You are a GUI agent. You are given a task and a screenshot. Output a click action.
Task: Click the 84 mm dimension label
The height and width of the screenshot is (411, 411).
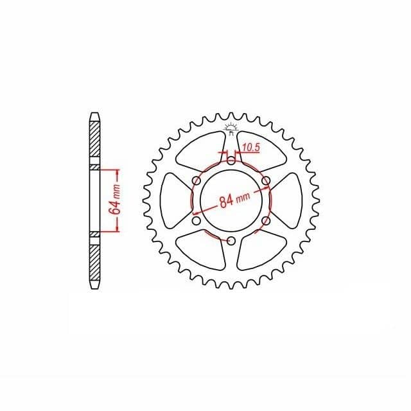click(235, 200)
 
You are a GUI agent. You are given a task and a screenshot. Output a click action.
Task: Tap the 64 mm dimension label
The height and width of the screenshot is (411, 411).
click(116, 200)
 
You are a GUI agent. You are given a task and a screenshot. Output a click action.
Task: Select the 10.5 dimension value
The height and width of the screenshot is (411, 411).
click(251, 148)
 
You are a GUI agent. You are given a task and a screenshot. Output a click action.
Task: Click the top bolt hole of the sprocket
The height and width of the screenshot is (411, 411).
click(231, 161)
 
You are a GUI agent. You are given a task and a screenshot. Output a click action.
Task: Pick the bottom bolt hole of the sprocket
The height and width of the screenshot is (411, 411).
click(231, 241)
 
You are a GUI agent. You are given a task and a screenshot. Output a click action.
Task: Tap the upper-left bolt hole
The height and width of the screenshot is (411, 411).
click(197, 180)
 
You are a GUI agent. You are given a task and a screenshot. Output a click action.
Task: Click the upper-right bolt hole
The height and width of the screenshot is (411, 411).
click(266, 180)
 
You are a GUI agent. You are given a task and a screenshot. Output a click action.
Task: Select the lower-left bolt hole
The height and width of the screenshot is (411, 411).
click(197, 221)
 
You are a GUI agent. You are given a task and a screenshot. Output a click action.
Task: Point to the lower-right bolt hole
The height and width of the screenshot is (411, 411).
click(266, 221)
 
